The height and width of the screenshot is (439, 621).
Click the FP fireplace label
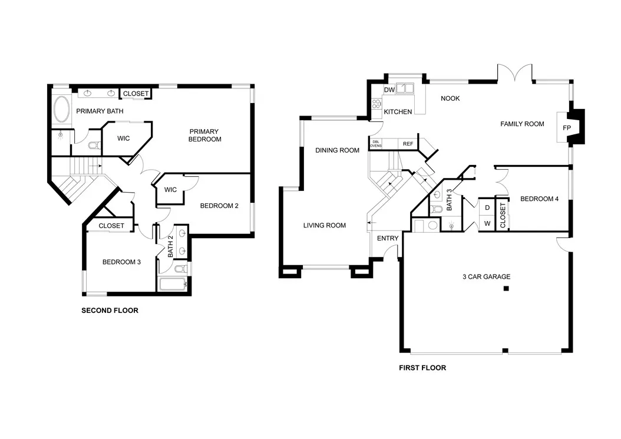coord(566,128)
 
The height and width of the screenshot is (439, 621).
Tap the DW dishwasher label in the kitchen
coord(389,90)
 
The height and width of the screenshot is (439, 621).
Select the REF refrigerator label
coord(408,144)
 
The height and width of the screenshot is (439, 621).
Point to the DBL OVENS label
coord(376,144)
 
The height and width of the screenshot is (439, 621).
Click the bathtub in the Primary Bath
coord(61,110)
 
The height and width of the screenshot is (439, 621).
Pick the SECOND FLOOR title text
coord(110,311)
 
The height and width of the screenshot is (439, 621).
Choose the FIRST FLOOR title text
coord(422,368)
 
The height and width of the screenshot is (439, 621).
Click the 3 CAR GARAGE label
coord(486,276)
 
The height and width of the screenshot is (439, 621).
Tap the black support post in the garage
coord(506,288)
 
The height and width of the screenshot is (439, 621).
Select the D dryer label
coord(487,207)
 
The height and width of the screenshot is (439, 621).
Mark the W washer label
coord(487,223)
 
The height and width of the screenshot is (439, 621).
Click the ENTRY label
coord(387,238)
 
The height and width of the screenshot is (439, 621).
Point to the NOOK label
coord(450,98)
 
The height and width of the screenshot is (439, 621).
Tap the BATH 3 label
coord(449,200)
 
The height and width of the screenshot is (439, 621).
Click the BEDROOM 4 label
coord(540,199)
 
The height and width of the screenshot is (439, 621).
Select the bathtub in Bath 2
coord(173,284)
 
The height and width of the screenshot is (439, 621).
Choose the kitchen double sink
coord(405,88)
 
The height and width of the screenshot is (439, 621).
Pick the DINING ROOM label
coord(338,150)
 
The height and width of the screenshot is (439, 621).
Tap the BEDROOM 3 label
coord(121,262)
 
